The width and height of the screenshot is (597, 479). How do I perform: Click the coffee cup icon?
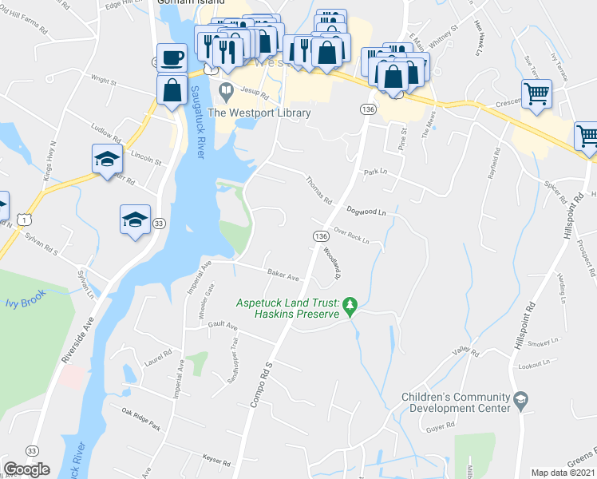pyautogui.click(x=172, y=58)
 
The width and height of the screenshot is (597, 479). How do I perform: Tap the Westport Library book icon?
pyautogui.click(x=227, y=89)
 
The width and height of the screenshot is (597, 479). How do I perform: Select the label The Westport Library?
pyautogui.click(x=259, y=113)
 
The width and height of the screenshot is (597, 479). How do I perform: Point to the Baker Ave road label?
pyautogui.click(x=283, y=275)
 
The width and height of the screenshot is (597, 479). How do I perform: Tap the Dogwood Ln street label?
pyautogui.click(x=366, y=212)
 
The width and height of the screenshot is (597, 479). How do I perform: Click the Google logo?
pyautogui.click(x=26, y=469)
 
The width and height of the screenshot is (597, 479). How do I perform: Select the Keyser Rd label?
pyautogui.click(x=216, y=462)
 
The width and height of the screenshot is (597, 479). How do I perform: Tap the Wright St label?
pyautogui.click(x=104, y=81)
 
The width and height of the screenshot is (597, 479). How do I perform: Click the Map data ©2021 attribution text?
pyautogui.click(x=563, y=473)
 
